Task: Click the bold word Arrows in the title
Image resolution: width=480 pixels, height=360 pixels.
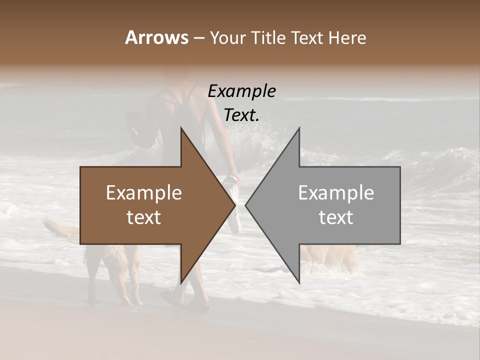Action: [x=156, y=37]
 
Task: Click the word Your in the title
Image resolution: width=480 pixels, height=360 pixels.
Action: [x=228, y=38]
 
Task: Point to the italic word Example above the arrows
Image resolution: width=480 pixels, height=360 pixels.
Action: [x=241, y=91]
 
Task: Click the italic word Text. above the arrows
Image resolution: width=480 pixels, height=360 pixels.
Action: [x=241, y=115]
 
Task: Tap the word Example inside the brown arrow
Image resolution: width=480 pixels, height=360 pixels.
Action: [x=144, y=193]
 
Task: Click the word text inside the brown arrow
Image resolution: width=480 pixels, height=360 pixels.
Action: [x=144, y=217]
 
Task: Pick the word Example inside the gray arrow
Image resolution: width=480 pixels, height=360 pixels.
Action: [x=336, y=193]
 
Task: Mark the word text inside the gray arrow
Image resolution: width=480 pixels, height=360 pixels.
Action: [x=336, y=217]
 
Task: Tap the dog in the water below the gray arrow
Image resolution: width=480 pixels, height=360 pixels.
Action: [x=330, y=257]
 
